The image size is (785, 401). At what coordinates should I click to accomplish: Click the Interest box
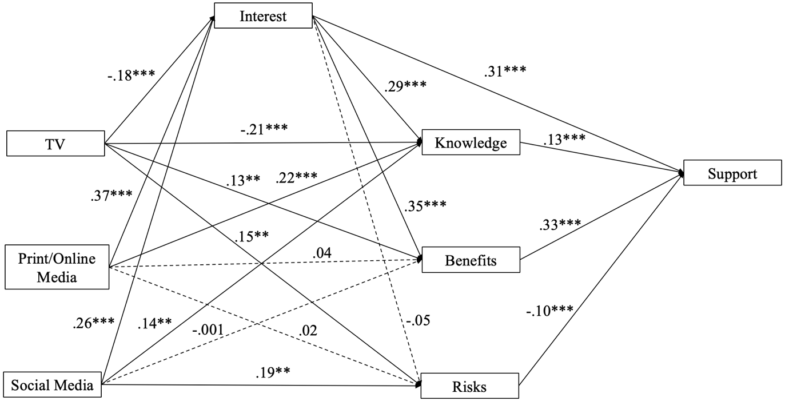[263, 15]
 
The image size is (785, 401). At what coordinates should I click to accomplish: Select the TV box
[55, 144]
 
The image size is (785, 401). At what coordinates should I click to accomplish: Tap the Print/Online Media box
[57, 267]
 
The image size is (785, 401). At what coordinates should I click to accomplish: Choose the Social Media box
[52, 385]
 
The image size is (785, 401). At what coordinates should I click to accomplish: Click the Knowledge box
[471, 142]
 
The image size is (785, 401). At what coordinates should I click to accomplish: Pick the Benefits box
[471, 260]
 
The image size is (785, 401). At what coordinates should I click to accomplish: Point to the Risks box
[469, 386]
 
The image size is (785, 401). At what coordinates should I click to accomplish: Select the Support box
[732, 173]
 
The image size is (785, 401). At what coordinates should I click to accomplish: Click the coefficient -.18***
[131, 75]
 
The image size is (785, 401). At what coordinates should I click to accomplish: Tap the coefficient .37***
[111, 195]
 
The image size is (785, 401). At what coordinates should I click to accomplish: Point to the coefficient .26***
[94, 323]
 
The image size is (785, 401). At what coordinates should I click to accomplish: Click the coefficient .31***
[505, 70]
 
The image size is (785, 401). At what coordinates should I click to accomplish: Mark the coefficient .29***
[405, 86]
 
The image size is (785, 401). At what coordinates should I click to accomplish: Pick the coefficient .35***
[425, 205]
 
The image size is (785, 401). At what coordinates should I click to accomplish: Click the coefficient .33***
[560, 224]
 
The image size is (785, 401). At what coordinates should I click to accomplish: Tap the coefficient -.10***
[549, 310]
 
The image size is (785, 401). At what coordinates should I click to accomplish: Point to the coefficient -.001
[208, 329]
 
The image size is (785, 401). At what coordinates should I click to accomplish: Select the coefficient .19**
[273, 372]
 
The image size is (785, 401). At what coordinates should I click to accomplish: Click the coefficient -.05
[418, 320]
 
